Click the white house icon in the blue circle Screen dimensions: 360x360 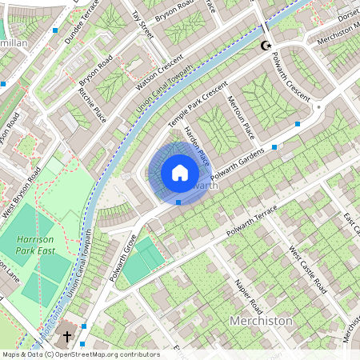pos(180,172)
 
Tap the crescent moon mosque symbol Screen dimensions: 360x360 pos(264,47)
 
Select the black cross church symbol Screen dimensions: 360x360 pos(67,336)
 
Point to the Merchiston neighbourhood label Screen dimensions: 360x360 pos(262,320)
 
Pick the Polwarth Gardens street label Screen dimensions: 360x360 pos(238,163)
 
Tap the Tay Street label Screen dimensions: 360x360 pos(142,24)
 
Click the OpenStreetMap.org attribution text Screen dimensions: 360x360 pos(104,354)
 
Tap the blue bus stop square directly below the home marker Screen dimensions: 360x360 pos(178,202)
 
